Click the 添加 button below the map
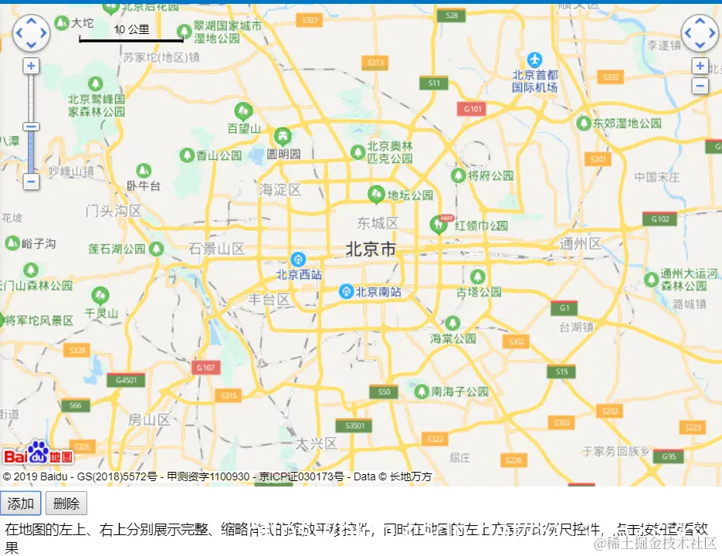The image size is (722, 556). click(21, 504)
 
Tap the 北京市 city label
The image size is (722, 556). click(371, 249)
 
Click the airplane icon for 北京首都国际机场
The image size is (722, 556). click(535, 59)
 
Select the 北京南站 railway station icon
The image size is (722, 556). click(347, 291)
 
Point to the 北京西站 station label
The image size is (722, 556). click(300, 274)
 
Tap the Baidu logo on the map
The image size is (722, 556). click(37, 454)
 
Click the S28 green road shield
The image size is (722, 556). click(451, 15)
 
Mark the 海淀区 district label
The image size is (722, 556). click(280, 189)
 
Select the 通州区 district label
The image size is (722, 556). click(581, 244)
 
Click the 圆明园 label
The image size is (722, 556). click(283, 154)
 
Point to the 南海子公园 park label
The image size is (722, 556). click(460, 392)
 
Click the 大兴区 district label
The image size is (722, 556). click(317, 443)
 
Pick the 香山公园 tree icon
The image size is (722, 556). click(188, 155)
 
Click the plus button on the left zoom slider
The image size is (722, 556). click(31, 66)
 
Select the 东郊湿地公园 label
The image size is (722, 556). click(628, 124)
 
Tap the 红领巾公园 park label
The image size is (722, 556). click(481, 226)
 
